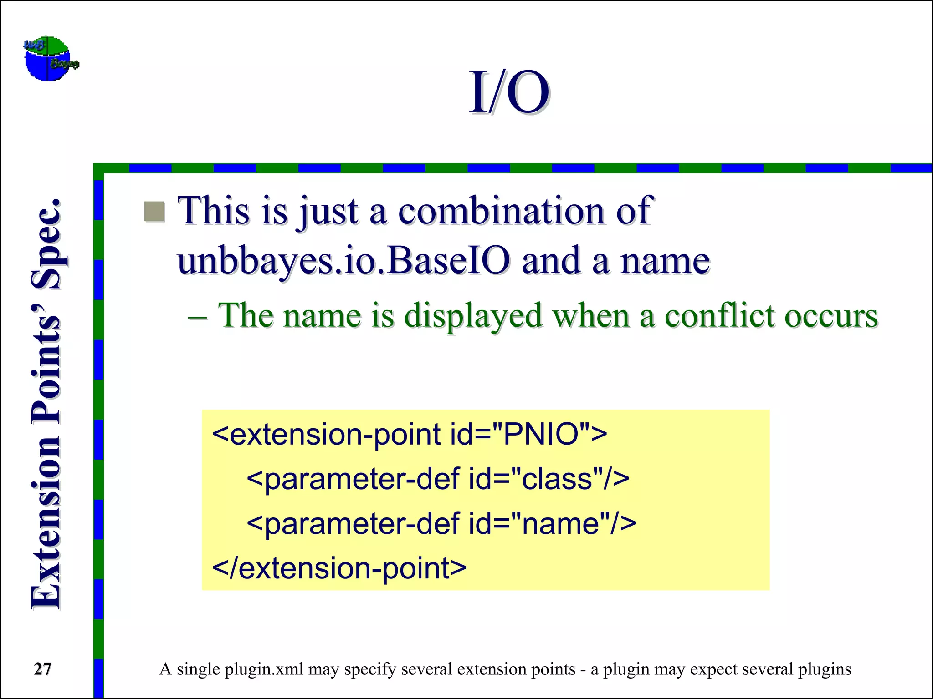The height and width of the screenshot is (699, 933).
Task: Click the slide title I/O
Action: click(x=509, y=93)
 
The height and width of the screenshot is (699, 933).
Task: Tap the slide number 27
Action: click(x=43, y=669)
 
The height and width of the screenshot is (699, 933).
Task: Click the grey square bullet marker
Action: click(x=154, y=212)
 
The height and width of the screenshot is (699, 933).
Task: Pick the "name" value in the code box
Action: click(x=560, y=524)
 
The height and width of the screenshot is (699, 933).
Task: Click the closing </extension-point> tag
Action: click(x=339, y=568)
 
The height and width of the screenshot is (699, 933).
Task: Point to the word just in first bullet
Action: click(x=328, y=212)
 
